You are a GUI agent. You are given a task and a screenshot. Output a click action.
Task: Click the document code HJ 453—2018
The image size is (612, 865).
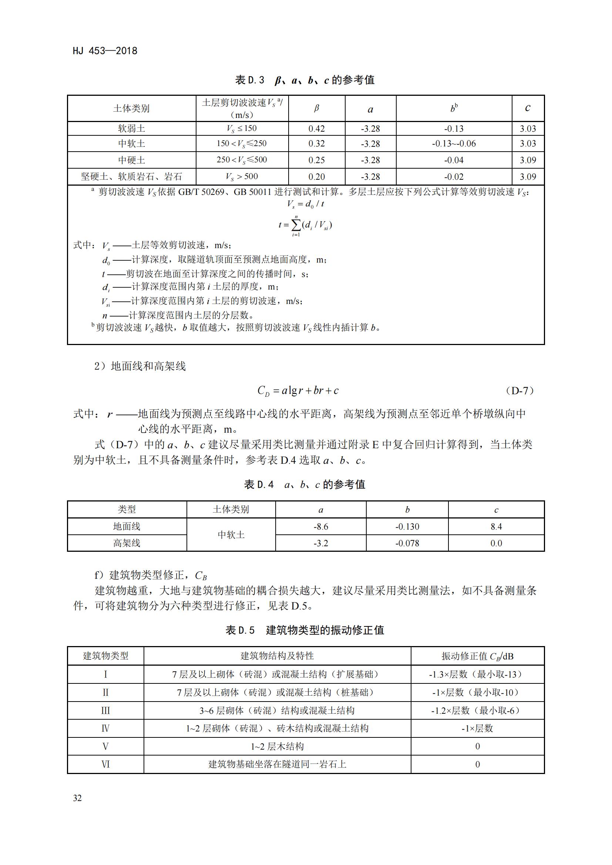[x=105, y=51]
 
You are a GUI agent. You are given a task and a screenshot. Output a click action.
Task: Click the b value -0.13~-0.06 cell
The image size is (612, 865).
[x=454, y=143]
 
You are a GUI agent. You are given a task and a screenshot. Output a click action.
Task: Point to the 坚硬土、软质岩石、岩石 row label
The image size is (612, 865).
[x=131, y=177]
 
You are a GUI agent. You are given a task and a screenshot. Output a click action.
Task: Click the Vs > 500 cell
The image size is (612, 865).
[x=242, y=176]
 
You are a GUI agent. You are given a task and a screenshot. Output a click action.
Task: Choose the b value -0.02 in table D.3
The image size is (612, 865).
[x=454, y=177]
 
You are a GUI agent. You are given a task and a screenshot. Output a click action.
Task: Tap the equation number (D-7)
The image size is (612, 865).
[x=519, y=391]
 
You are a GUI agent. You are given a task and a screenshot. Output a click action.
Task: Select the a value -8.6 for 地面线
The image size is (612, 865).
[x=321, y=527]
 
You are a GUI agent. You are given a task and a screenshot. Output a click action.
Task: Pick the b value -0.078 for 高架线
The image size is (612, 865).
[x=407, y=543]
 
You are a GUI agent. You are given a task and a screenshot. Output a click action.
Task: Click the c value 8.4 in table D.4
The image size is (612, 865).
[x=496, y=527]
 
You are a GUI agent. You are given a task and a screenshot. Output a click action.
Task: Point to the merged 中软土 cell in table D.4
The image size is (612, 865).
[x=231, y=535]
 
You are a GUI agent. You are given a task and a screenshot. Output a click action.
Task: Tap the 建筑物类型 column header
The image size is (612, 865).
[x=105, y=656]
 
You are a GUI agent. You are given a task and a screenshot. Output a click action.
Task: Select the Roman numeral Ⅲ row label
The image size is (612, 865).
[x=105, y=710]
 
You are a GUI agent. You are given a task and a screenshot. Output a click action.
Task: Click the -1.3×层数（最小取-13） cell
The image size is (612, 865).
[x=477, y=674]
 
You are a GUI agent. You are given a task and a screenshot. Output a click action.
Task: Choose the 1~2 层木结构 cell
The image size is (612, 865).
[x=277, y=746]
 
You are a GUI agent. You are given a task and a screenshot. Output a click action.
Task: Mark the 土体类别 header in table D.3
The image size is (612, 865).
[x=131, y=108]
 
